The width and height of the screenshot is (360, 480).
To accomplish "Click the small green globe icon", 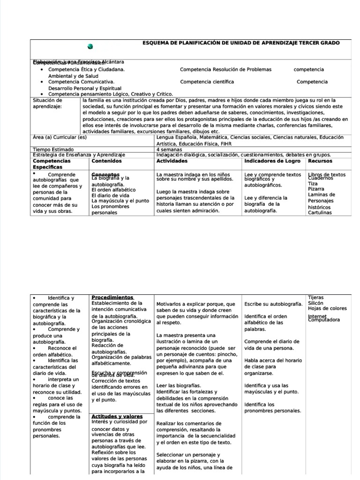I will tap(90, 46).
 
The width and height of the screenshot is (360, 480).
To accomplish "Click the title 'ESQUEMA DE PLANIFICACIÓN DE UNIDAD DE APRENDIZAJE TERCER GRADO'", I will tap(241, 43).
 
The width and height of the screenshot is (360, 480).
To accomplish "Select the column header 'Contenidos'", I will tap(106, 161).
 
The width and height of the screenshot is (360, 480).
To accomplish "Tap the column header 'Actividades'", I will tap(172, 161).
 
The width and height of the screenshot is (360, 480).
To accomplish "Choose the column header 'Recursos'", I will tap(320, 161).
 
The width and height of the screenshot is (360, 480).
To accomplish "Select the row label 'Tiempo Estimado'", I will tap(53, 149).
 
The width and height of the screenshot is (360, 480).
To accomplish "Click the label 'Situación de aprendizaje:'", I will tap(47, 103).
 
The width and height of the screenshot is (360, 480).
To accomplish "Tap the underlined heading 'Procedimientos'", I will tap(112, 297).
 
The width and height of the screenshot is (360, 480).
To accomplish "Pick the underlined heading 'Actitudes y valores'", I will tap(117, 416).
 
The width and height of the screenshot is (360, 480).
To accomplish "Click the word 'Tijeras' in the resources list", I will tap(315, 298).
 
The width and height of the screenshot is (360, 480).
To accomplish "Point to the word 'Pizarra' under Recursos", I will tap(316, 189).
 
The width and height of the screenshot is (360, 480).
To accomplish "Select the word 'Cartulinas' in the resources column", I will tap(320, 212).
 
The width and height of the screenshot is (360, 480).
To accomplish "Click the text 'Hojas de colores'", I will tap(327, 308).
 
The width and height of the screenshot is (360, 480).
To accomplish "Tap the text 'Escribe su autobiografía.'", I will tap(273, 304).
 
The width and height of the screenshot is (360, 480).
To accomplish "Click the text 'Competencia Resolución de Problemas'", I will tap(225, 69).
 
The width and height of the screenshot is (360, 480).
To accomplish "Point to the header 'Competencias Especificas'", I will tap(51, 164).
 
